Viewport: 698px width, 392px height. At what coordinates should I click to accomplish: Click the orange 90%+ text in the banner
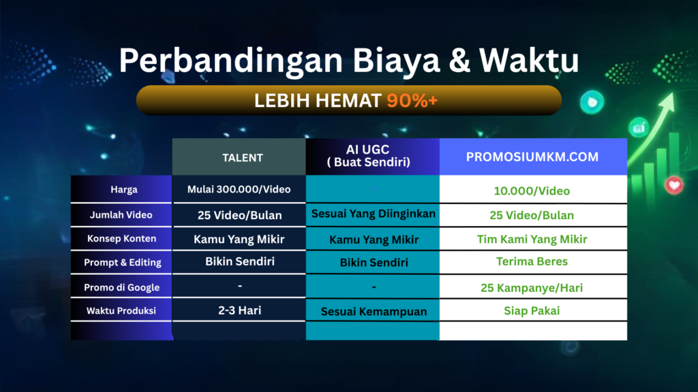click(x=412, y=101)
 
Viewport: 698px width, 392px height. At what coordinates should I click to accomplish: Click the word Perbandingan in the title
click(x=230, y=61)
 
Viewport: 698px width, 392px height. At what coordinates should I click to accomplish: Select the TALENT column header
click(x=243, y=158)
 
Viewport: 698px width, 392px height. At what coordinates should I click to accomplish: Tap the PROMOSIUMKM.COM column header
click(x=532, y=157)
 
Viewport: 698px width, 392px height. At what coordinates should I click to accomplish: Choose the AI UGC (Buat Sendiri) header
click(x=368, y=156)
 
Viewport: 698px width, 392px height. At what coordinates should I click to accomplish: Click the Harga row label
click(x=124, y=190)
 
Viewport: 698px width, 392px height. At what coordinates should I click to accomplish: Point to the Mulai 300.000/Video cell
click(x=239, y=189)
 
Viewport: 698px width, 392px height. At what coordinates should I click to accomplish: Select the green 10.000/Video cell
click(x=532, y=191)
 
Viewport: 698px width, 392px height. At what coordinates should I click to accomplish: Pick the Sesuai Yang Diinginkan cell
click(x=373, y=214)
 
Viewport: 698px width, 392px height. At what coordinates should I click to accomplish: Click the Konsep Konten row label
click(x=121, y=239)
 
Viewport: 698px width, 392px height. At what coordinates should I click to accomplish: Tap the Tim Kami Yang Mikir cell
click(x=532, y=240)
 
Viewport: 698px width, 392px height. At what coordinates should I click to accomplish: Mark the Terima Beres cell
click(x=532, y=261)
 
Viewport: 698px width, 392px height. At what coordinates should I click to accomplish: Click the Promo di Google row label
click(x=121, y=288)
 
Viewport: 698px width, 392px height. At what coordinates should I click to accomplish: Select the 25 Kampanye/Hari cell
click(x=532, y=288)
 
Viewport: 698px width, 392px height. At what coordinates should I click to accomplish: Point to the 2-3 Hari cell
click(x=239, y=310)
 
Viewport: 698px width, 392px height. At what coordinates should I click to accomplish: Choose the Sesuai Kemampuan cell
click(x=374, y=312)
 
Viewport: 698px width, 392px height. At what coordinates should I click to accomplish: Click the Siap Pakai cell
click(x=532, y=310)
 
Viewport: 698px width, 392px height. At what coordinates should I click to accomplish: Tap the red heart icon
click(x=674, y=185)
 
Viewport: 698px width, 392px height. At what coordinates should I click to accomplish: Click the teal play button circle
click(x=592, y=102)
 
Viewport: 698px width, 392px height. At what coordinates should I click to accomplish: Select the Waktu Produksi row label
click(x=121, y=310)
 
